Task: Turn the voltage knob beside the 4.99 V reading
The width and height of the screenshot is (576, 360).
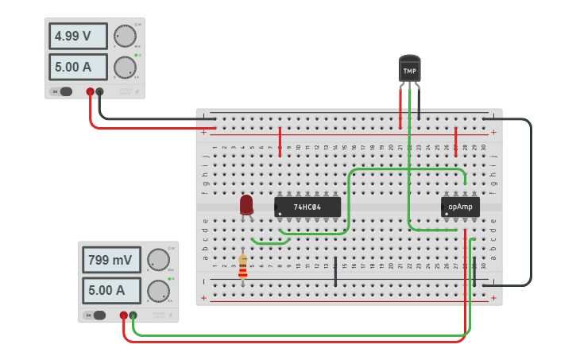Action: click(125, 36)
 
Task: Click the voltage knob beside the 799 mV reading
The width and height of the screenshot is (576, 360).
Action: click(158, 260)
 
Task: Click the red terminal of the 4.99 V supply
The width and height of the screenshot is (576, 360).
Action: click(91, 91)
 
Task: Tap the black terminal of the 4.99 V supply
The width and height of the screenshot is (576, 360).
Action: click(100, 91)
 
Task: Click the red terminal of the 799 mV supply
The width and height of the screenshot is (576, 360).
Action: click(124, 315)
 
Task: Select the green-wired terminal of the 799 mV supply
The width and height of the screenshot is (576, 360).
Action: click(133, 315)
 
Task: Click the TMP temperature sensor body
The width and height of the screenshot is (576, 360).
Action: click(409, 70)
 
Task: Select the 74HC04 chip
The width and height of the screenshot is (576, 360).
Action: click(307, 207)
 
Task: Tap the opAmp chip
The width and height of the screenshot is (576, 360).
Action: click(460, 207)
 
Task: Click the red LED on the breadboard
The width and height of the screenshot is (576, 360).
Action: click(246, 204)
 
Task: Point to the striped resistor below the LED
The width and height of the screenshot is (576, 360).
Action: click(243, 266)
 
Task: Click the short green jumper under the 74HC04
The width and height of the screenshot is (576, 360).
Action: click(270, 242)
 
